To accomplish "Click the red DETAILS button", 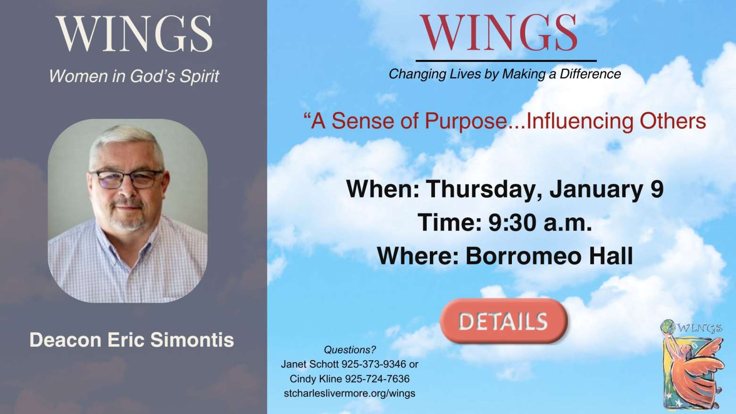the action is (x=504, y=321).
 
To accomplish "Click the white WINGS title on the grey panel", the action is (x=134, y=33).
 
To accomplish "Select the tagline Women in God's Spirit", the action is (x=134, y=76).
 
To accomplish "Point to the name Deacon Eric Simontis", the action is (x=132, y=339).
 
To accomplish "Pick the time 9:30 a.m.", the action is (x=540, y=222).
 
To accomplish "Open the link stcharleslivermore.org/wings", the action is (x=350, y=393).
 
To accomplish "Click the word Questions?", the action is (x=350, y=350).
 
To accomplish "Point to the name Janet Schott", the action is (x=309, y=364).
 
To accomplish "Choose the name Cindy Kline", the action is (x=316, y=379).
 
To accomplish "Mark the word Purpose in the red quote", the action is (x=466, y=121).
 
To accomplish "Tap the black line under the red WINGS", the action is (x=506, y=61).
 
